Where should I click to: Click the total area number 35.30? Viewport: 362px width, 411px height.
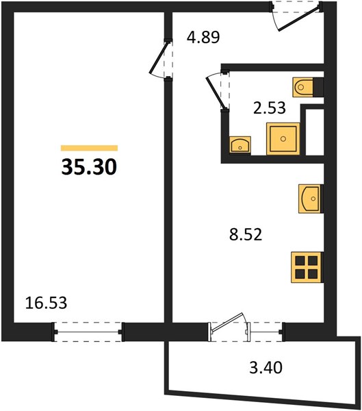[89, 167]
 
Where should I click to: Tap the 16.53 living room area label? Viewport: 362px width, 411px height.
[46, 303]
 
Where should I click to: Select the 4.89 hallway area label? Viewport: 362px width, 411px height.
[203, 37]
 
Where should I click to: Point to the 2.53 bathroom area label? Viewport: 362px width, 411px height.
[269, 108]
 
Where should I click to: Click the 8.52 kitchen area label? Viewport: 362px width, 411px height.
[246, 234]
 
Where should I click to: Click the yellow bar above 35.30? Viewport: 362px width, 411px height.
[89, 148]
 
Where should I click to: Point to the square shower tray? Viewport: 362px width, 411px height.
[283, 138]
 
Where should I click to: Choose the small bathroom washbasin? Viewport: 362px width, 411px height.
[240, 145]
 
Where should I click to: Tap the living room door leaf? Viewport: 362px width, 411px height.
[158, 58]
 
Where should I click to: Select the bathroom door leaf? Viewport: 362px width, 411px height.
[216, 92]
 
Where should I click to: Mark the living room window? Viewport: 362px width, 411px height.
[88, 332]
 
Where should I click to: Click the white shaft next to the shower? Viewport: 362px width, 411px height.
[315, 132]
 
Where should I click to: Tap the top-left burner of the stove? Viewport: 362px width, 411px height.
[300, 261]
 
